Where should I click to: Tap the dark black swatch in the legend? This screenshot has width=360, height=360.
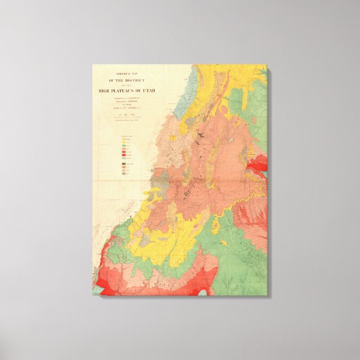124,164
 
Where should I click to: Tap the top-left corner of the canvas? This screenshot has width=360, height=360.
93,65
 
